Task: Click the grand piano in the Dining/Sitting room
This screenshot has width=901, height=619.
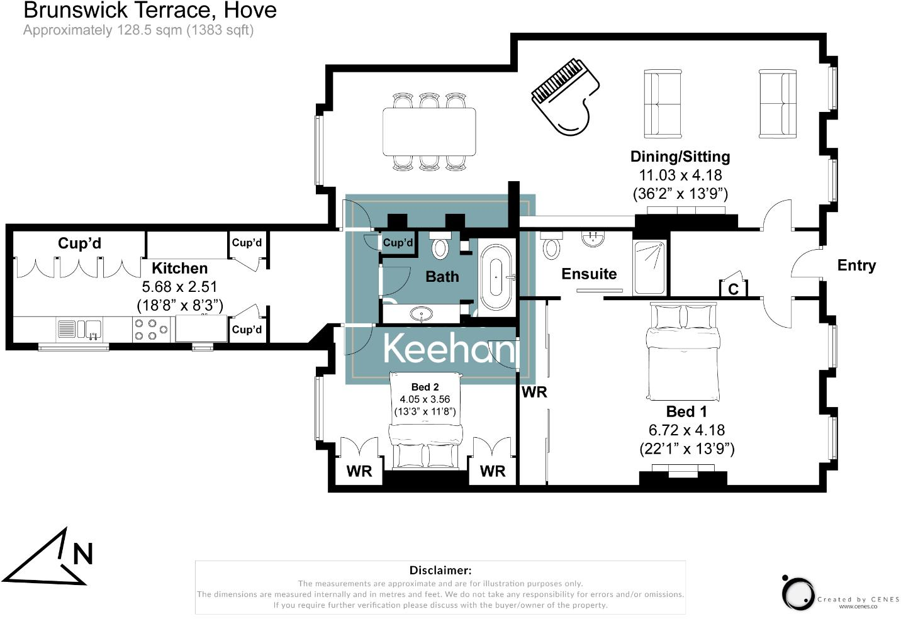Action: [x=565, y=97]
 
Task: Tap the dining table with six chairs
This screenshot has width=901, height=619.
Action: [x=429, y=132]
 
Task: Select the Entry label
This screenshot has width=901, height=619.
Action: [x=856, y=265]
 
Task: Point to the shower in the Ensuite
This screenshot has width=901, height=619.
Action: [x=649, y=268]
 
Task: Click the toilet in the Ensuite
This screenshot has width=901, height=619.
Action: [x=551, y=245]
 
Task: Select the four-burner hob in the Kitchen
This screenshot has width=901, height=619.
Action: [x=152, y=329]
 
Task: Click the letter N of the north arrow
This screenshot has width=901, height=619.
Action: [x=83, y=554]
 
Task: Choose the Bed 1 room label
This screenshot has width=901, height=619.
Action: [x=686, y=412]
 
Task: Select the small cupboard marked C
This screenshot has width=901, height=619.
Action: [x=733, y=288]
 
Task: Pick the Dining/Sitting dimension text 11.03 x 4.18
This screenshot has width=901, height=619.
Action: [x=680, y=176]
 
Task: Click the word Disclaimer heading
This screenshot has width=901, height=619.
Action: [x=440, y=571]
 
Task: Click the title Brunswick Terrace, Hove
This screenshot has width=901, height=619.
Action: [x=150, y=10]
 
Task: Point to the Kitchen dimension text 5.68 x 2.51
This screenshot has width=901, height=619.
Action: [x=179, y=287]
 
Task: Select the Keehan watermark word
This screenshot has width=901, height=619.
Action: [x=448, y=348]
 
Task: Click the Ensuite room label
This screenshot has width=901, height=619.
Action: [x=589, y=274]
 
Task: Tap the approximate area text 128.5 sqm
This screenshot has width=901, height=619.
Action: [x=138, y=30]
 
